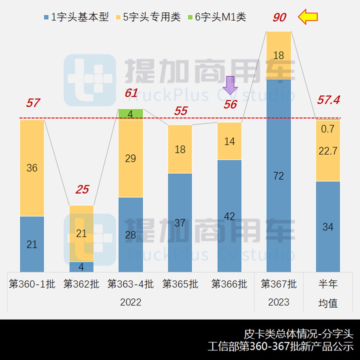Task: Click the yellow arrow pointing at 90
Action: tap(308, 17)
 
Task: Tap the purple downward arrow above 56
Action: tap(231, 85)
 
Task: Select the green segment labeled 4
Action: tap(130, 114)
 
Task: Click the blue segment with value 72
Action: tap(278, 176)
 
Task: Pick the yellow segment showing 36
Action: tap(32, 168)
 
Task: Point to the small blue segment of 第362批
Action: tap(81, 267)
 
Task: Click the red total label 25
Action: tap(82, 190)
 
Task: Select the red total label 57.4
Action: tap(328, 100)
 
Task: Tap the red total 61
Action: tap(131, 94)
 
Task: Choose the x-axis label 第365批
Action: tap(180, 284)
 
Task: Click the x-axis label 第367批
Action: tap(278, 284)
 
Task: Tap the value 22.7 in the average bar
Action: tap(328, 151)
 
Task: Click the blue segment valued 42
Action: tap(229, 216)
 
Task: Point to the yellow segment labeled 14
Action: tap(229, 141)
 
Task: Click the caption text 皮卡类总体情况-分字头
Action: tap(298, 333)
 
